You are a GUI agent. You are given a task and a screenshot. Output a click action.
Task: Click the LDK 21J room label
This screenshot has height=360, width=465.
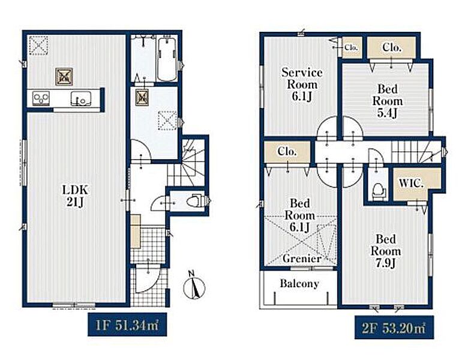coord(75,196)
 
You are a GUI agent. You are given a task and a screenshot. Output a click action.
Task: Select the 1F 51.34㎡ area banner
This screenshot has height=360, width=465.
coord(127,325)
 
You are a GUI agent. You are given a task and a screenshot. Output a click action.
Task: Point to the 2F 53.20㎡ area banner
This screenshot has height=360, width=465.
coord(394,328)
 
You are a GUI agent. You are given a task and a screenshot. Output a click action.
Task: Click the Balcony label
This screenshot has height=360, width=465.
coord(299,283)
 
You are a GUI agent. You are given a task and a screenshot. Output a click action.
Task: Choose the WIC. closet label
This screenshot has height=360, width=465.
coord(411,183)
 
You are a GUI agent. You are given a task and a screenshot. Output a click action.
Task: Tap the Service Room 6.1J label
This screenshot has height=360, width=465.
coord(302,85)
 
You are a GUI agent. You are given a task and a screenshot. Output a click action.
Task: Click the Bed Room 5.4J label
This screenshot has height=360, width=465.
coord(388,101)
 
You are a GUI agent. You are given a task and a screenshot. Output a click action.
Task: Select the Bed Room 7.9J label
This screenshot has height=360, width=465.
coord(386,251)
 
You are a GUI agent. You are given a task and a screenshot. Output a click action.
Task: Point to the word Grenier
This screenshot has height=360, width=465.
coord(302,259)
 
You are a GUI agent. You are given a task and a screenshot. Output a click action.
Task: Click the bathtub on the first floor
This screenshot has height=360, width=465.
coord(167,59)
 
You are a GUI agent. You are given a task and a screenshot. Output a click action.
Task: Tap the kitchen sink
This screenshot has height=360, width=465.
coord(80,98)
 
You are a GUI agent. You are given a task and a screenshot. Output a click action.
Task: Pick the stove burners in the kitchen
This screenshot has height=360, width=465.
coord(41,98)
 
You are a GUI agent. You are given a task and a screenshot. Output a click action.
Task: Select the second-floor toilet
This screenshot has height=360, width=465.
coord(378,189)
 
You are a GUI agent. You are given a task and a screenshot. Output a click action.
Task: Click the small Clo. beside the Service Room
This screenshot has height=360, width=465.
coord(352,47)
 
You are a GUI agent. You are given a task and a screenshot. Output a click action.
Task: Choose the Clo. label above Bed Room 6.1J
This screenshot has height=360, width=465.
coord(287,152)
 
